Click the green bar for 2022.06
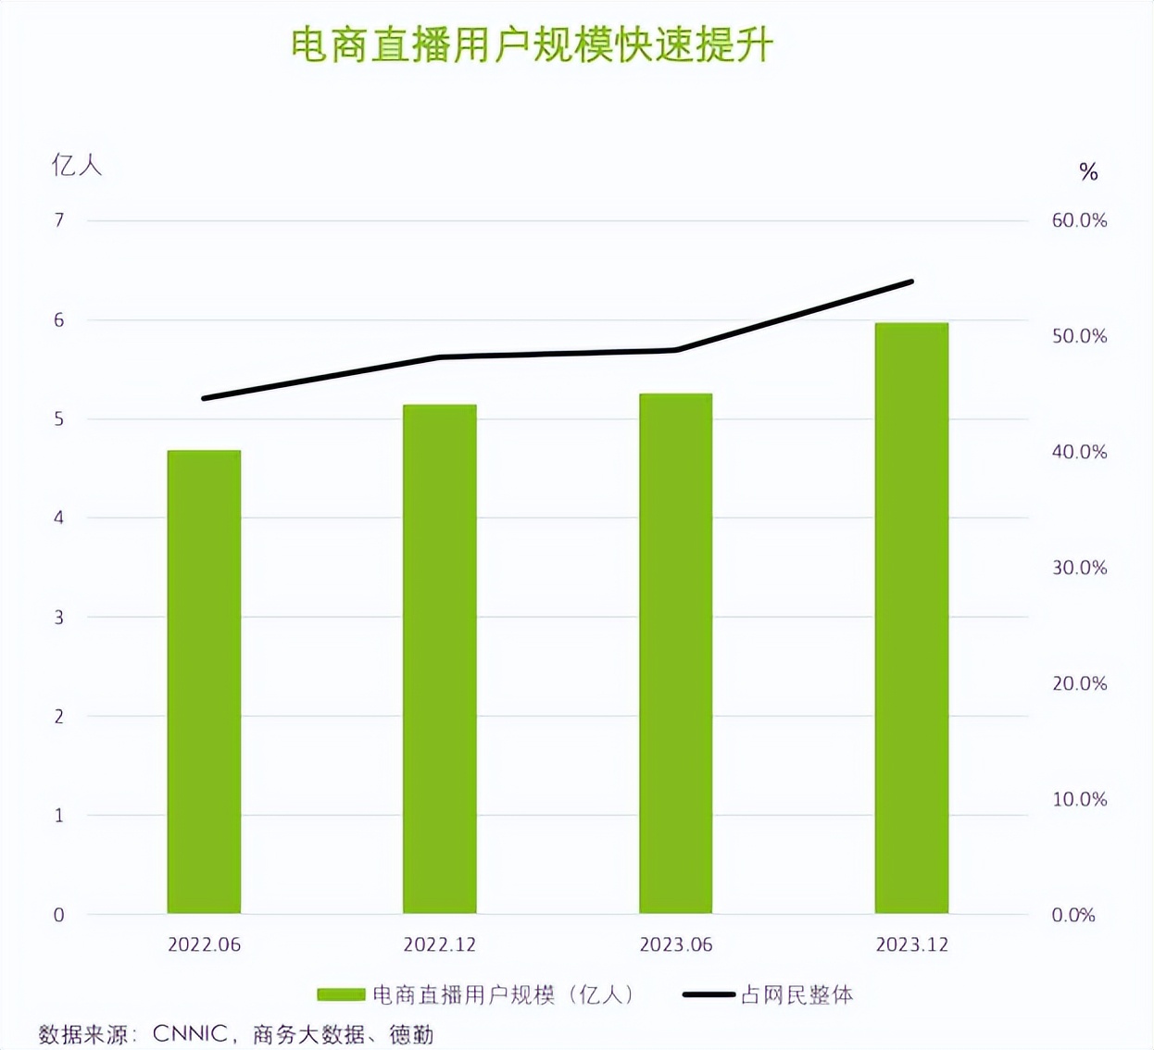[204, 681]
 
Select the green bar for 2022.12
[440, 658]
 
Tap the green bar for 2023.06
[676, 653]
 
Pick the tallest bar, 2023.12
[911, 618]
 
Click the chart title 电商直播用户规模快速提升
[532, 45]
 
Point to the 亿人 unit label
[76, 166]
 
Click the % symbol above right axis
[1088, 172]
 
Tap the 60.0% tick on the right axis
[1079, 220]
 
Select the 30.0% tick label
[1079, 568]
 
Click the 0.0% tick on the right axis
[1073, 915]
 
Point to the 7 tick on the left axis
[59, 220]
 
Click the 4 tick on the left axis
[59, 518]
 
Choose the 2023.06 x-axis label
[676, 944]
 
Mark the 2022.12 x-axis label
[440, 944]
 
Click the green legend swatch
[341, 994]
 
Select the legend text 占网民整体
[797, 994]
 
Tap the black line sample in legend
[709, 994]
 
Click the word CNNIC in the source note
[190, 1033]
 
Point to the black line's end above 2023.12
[911, 281]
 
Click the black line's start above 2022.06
[204, 398]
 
